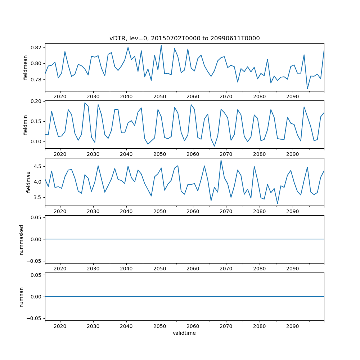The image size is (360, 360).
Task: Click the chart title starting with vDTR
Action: coord(184,38)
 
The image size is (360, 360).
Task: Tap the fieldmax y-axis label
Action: coord(28,182)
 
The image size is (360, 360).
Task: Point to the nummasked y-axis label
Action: coord(21,239)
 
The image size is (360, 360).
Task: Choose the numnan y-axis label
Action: coord(21,297)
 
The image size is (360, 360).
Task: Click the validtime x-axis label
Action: coord(184,333)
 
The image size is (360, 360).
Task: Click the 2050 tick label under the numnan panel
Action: coord(159,326)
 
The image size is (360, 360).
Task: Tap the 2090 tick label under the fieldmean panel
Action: coord(292,96)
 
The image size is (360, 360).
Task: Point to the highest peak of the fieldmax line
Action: coord(221,160)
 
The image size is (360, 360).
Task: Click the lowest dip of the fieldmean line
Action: coord(307,89)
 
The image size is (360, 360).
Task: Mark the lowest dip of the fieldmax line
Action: coord(277,203)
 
